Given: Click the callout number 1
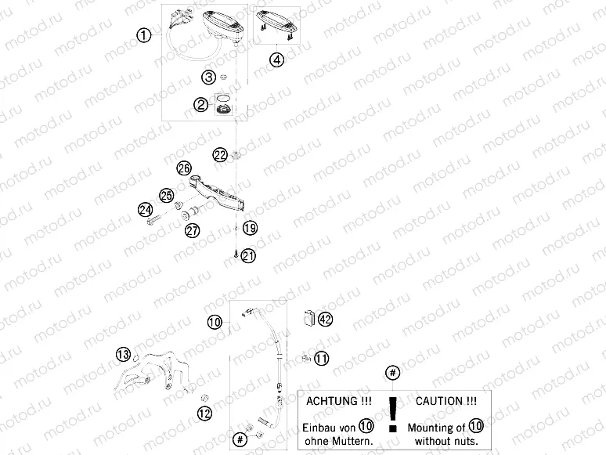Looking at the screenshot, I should [x=142, y=34].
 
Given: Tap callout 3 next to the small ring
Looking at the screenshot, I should [x=208, y=77].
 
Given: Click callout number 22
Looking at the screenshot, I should [x=221, y=154].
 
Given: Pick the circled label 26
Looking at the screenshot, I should [x=184, y=168].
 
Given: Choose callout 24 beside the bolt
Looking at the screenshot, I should [x=145, y=209].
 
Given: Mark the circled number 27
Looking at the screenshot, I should [x=192, y=230].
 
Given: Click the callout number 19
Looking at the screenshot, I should [x=249, y=228].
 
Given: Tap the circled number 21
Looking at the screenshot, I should [x=249, y=255].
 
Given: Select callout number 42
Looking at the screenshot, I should [x=326, y=319].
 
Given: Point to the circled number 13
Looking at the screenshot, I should [x=124, y=355].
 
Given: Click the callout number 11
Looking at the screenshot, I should [x=322, y=358].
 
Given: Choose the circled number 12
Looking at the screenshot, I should [x=204, y=413].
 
